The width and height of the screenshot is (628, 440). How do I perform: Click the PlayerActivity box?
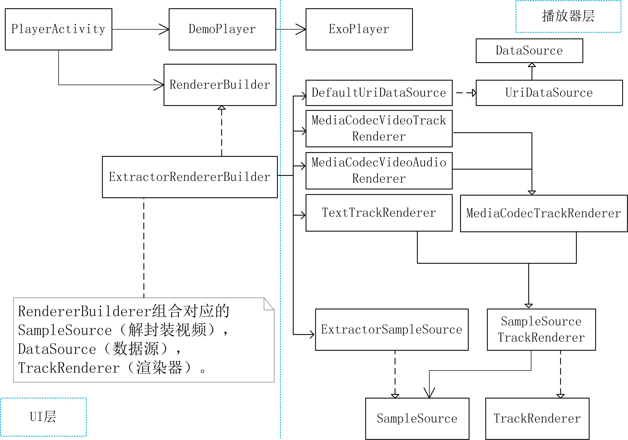[59, 29]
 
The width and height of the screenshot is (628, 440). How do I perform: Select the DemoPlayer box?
[222, 29]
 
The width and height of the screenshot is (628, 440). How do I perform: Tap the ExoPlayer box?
[359, 29]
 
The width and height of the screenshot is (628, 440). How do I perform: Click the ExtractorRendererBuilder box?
[190, 177]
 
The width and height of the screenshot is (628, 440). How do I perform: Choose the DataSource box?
[529, 51]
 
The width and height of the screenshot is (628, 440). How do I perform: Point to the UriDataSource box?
[549, 93]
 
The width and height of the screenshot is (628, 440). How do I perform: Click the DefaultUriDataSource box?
[379, 93]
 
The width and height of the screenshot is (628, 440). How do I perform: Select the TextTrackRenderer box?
[379, 213]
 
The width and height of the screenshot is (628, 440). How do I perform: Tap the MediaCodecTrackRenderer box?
[543, 213]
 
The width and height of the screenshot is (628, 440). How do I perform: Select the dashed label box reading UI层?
[43, 417]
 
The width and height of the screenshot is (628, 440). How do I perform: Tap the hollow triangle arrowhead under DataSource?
[532, 65]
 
